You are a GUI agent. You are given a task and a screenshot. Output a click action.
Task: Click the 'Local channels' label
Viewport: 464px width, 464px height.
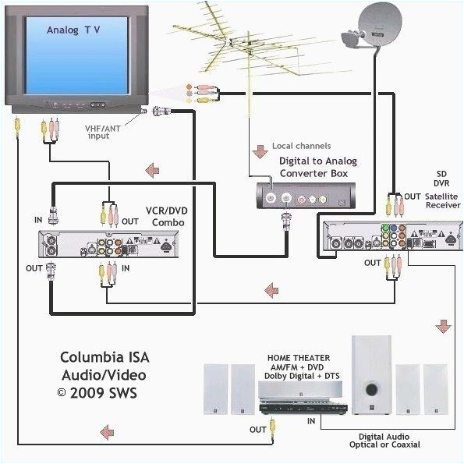pyautogui.click(x=301, y=146)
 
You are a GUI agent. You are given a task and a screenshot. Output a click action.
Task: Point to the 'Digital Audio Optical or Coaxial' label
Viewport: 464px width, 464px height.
pyautogui.click(x=384, y=441)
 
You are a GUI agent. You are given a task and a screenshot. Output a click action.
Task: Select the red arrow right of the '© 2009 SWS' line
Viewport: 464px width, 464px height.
pyautogui.click(x=104, y=430)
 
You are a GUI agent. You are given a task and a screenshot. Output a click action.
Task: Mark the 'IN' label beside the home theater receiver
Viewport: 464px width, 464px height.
pyautogui.click(x=311, y=421)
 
